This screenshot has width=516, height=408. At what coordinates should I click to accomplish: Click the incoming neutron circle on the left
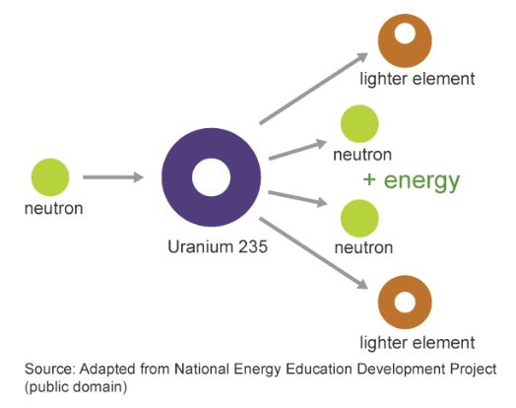50,177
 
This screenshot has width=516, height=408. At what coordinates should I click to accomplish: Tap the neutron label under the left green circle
53,209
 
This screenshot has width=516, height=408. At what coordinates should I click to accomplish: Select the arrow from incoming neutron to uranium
113,177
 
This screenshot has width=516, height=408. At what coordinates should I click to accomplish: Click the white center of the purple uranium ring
211,177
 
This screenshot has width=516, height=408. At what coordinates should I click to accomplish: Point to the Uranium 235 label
218,246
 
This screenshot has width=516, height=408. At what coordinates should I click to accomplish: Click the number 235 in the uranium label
253,246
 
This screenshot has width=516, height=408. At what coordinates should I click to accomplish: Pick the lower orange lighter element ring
405,318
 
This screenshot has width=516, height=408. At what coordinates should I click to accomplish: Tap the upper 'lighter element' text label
418,80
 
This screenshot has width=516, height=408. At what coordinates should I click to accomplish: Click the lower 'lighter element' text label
418,343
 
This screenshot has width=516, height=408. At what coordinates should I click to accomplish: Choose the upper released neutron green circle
359,124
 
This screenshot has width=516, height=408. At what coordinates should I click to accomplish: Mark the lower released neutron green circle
359,219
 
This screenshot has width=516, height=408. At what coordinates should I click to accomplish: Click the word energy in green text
421,181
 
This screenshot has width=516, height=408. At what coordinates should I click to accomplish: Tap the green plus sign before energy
369,179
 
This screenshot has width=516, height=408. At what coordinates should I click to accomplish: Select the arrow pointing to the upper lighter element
313,89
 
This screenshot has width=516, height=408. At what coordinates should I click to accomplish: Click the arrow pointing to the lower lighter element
313,253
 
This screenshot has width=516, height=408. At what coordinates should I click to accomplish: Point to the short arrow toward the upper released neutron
297,150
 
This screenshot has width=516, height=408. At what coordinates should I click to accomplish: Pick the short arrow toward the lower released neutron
297,198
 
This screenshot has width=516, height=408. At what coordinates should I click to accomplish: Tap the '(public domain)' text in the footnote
76,387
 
